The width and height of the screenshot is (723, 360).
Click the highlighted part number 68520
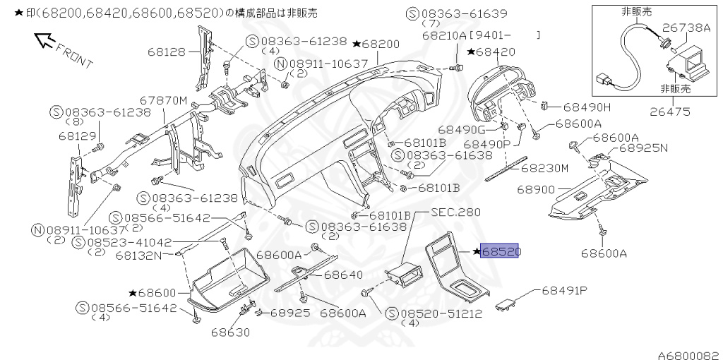coord(500,251)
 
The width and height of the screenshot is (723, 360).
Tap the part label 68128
coord(166,51)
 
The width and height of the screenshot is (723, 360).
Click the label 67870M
coord(163,101)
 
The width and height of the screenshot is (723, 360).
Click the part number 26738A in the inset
coord(686,28)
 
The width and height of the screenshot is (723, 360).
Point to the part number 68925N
coord(643,149)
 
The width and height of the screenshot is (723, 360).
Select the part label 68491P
coord(565,290)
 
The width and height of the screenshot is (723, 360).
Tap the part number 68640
coord(343,275)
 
